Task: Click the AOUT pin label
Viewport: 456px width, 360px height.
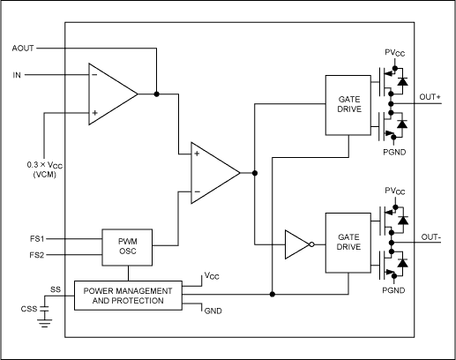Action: tap(24, 48)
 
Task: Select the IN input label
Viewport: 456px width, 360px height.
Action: tap(18, 75)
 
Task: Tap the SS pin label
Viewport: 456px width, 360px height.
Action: tap(55, 289)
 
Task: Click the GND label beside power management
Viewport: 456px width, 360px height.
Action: tap(213, 310)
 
